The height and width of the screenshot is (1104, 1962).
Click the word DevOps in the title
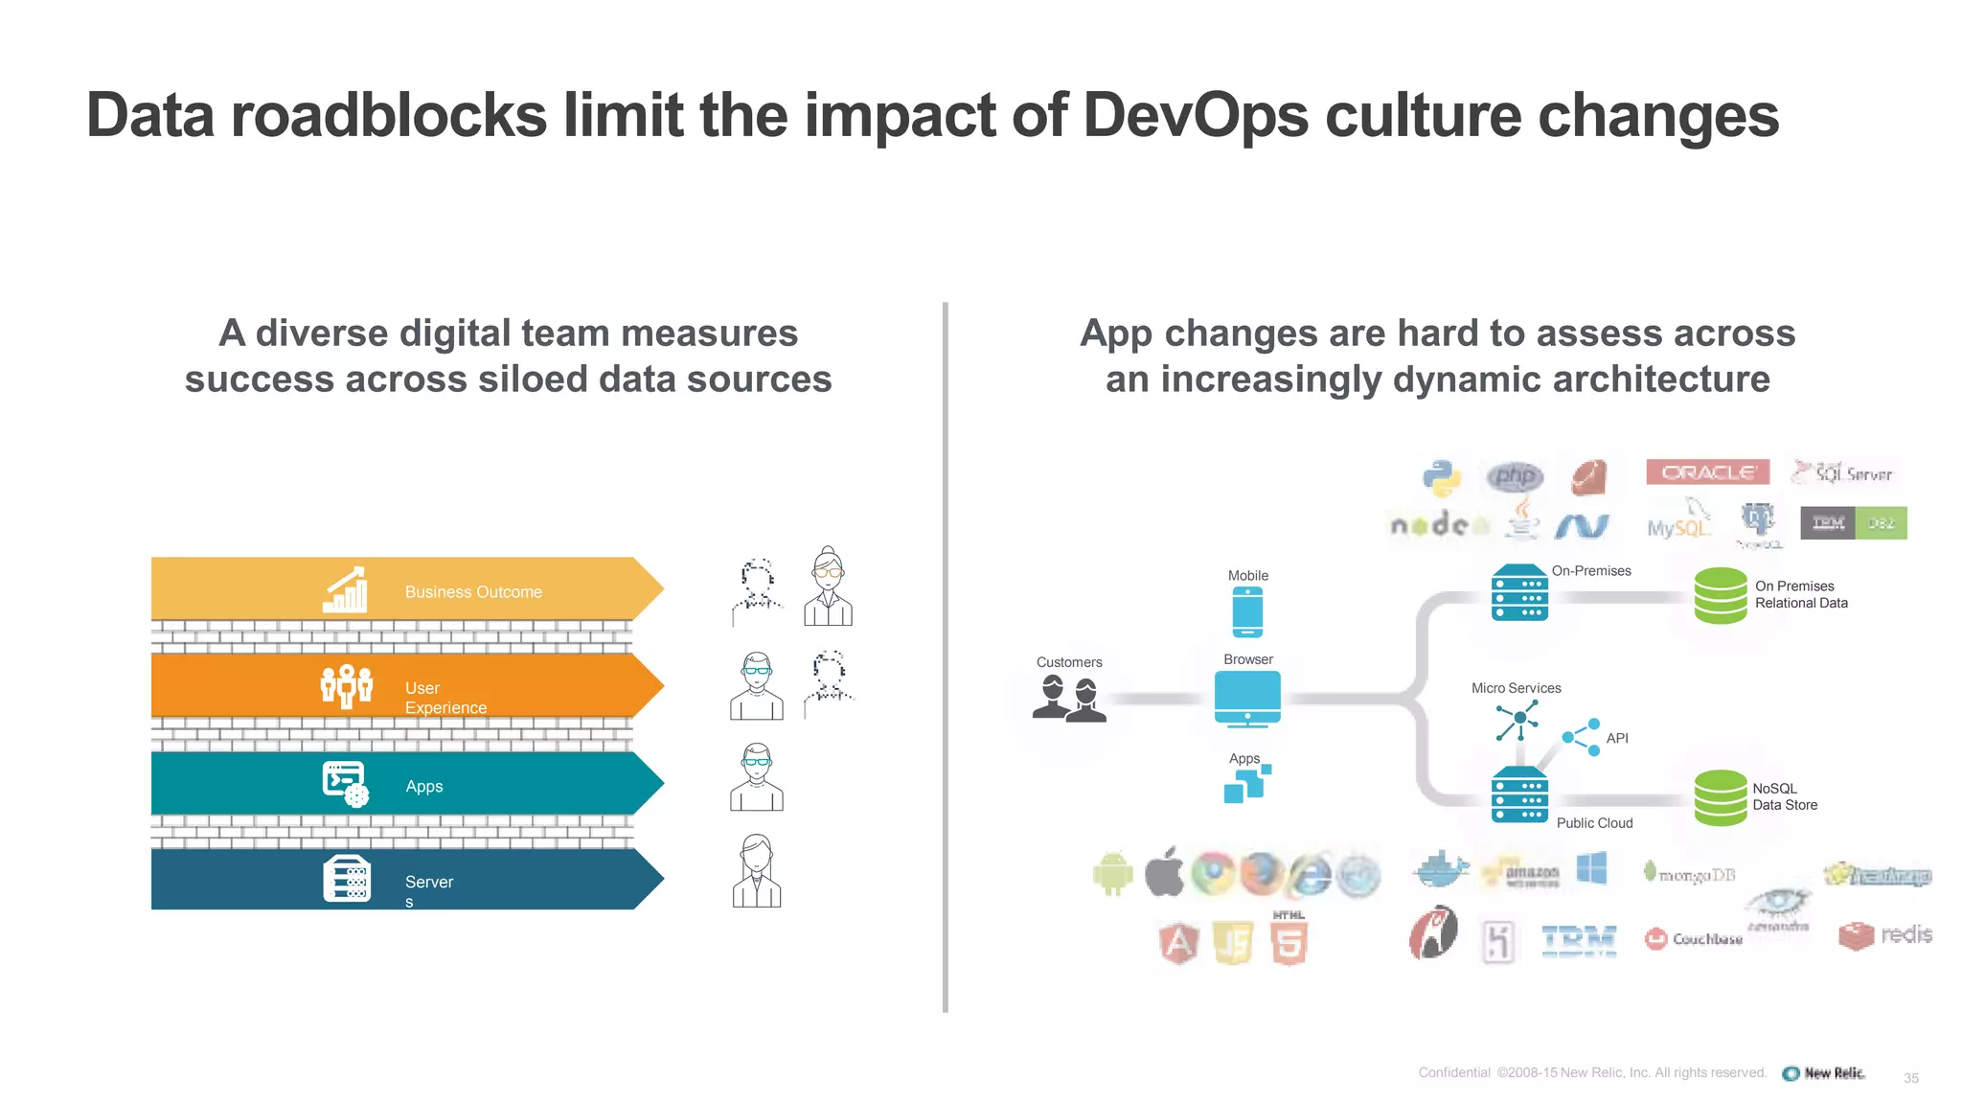coord(1196,116)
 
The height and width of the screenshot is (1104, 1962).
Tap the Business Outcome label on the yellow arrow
coord(473,592)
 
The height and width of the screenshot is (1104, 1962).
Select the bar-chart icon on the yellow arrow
coord(345,589)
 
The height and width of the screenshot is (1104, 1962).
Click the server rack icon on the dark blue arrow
coord(346,879)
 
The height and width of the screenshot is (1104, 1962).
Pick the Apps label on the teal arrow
coord(423,787)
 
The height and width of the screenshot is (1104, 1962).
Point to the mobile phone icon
coord(1247,611)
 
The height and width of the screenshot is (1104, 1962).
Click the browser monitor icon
coord(1247,699)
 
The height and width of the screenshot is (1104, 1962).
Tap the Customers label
coord(1069,662)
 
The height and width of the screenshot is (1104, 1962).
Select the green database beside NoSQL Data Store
coord(1720,797)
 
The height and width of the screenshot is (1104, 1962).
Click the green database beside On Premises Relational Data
coord(1720,595)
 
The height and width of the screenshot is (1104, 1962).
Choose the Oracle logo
coord(1707,472)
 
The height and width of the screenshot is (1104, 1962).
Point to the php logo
coord(1515,475)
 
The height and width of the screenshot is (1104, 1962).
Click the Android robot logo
coord(1112,873)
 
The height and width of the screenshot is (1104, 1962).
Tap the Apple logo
coord(1164,872)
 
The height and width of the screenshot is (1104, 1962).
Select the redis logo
coord(1885,934)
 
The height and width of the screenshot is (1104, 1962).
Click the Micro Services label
coord(1516,688)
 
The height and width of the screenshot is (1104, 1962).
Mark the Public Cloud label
coord(1594,823)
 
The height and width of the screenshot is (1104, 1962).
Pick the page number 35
coord(1910,1078)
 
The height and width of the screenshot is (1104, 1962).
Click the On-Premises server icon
coord(1519,593)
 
